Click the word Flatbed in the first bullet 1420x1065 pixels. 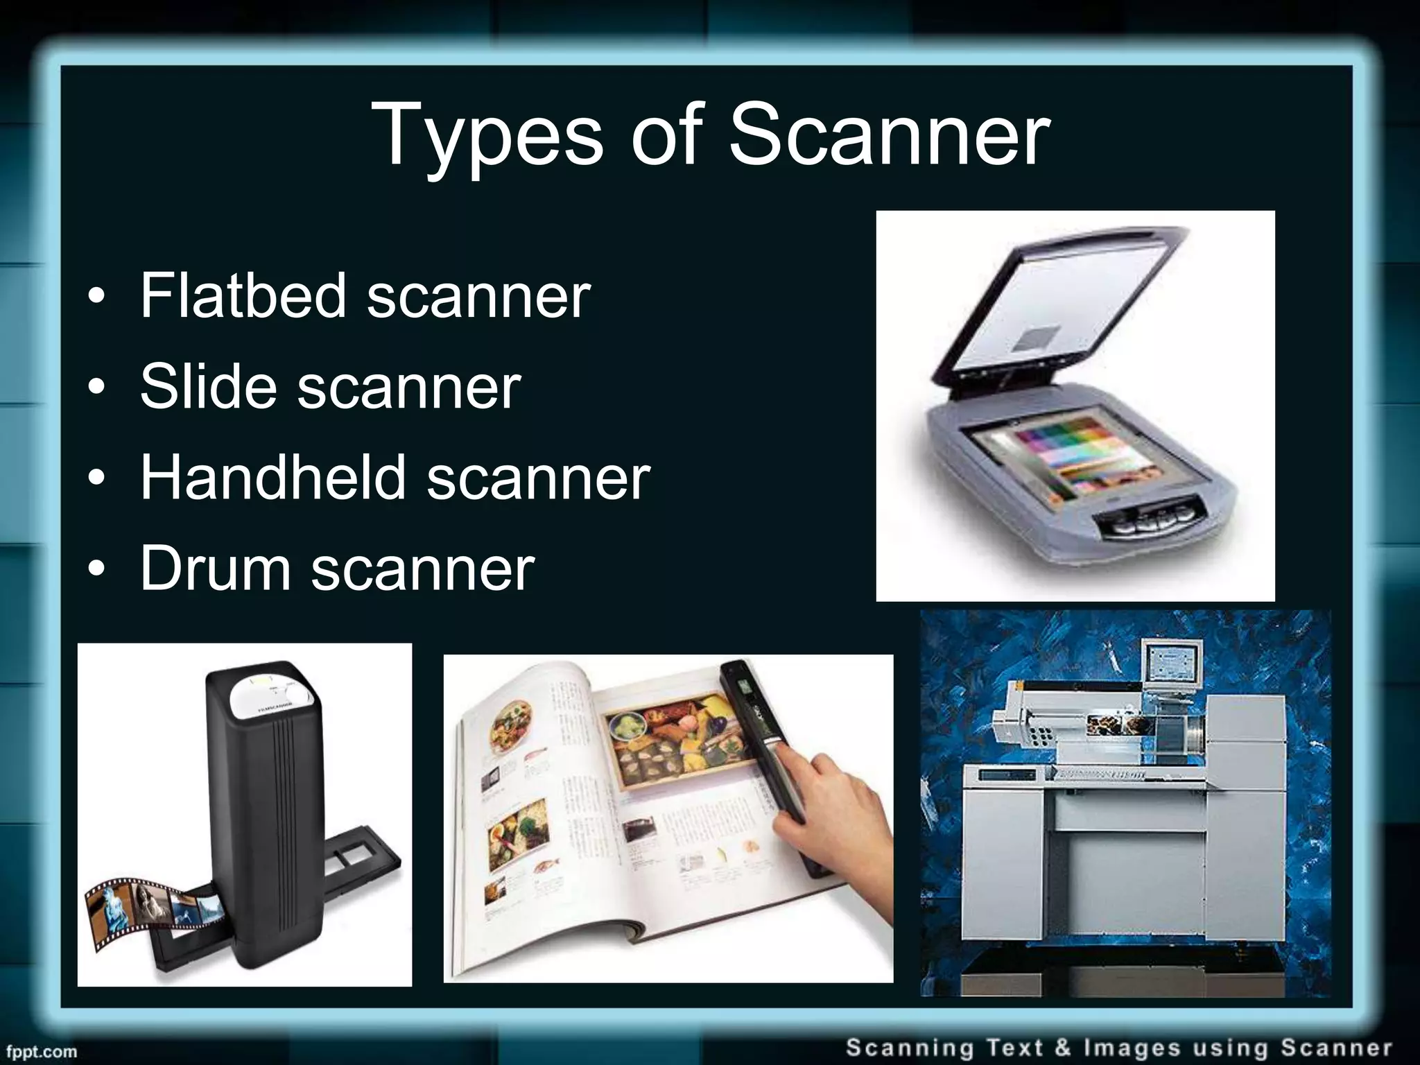pos(243,296)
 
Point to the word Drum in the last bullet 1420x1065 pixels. pos(215,569)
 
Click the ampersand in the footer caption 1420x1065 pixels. pos(1063,1048)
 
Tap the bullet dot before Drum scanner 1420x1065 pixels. pos(98,570)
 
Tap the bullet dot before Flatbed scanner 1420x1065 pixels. pos(98,297)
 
